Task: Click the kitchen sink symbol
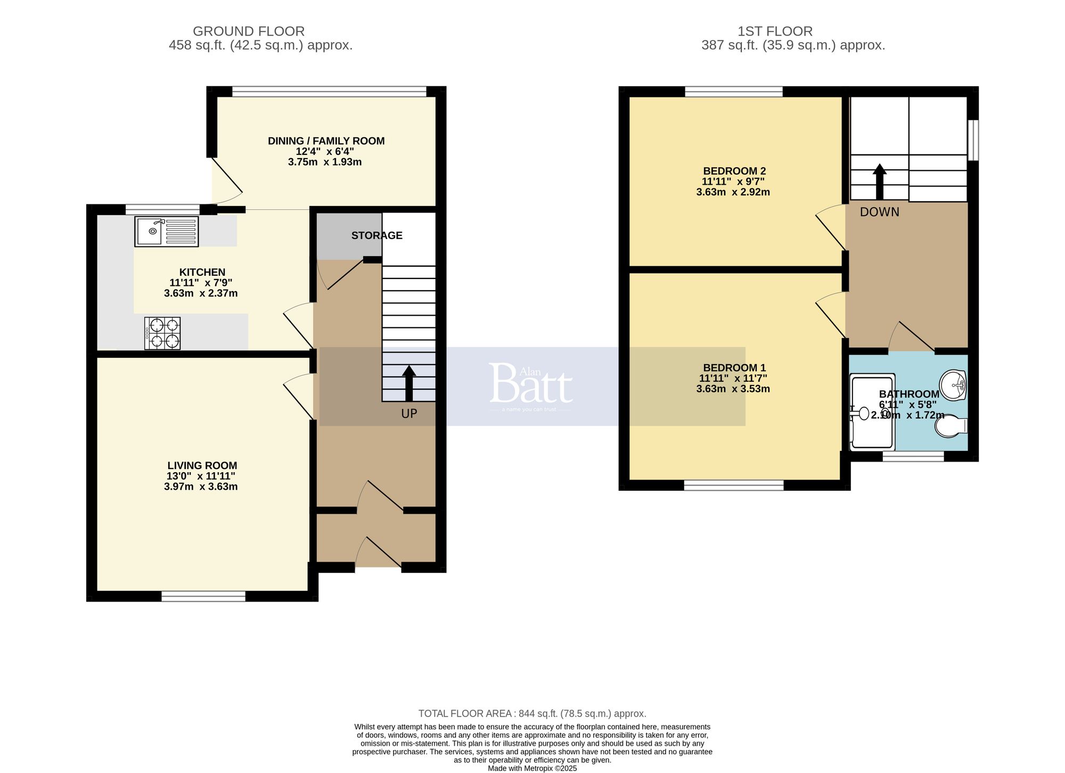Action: pos(166,231)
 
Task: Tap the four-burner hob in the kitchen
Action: pos(162,333)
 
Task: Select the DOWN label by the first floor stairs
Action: pos(879,212)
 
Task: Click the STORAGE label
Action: pos(376,235)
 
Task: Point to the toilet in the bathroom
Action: pos(952,426)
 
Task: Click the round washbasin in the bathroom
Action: pos(953,384)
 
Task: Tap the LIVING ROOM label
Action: pos(202,465)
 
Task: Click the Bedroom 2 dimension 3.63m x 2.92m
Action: pos(733,192)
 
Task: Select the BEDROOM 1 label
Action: pos(734,367)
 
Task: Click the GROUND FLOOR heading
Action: pos(249,31)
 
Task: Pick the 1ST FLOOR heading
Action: pos(775,31)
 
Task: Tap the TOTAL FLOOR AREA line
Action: pos(532,713)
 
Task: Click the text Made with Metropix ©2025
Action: pos(532,768)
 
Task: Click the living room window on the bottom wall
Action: pos(203,597)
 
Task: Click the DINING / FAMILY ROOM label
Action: pos(326,141)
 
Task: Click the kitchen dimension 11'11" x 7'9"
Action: pos(201,283)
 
